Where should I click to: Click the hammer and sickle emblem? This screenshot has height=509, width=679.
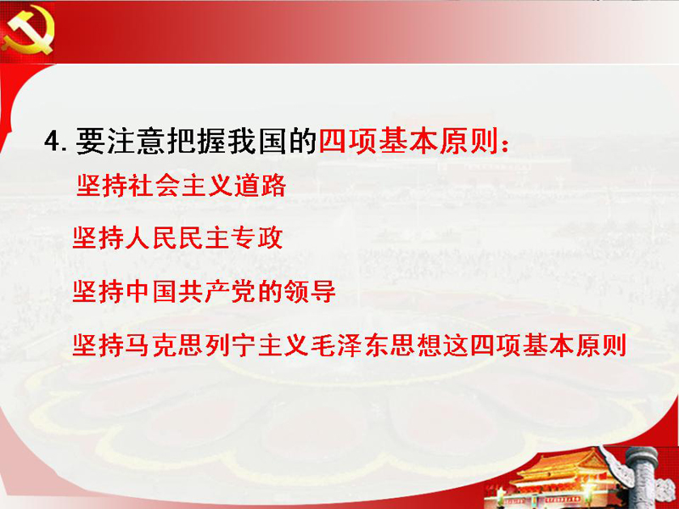[x=28, y=31]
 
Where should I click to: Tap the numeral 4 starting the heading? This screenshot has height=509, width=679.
[x=52, y=142]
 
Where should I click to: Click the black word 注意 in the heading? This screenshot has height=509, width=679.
[x=121, y=141]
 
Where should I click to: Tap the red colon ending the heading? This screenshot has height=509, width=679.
[x=504, y=143]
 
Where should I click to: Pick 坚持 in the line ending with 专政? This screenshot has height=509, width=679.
[x=98, y=238]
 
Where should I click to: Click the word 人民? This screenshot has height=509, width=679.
[x=151, y=238]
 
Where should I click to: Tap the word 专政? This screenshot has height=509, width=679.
[x=257, y=238]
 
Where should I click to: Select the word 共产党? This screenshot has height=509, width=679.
[x=217, y=291]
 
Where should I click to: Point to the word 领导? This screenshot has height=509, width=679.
[x=310, y=291]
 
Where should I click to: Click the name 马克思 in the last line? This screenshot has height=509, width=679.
[x=164, y=345]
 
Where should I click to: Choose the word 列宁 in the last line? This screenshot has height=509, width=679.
[x=230, y=345]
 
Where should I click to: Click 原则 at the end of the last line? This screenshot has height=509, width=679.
[x=601, y=345]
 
